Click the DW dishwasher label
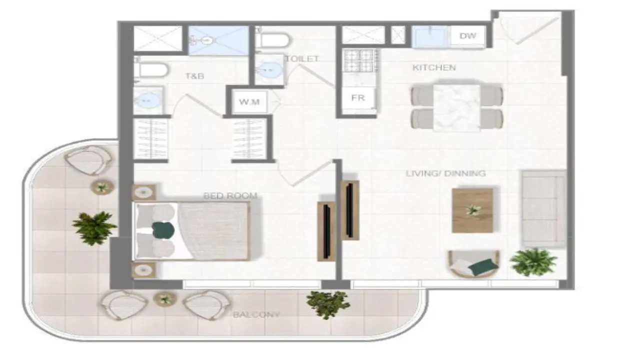tap(467, 36)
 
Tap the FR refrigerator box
tap(357, 98)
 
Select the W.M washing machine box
tap(248, 102)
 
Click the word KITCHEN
tap(434, 67)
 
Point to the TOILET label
tap(302, 59)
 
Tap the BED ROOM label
tap(230, 195)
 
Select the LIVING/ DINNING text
tap(445, 173)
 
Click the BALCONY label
tap(256, 315)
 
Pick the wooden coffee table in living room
tap(472, 210)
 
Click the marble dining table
tap(456, 107)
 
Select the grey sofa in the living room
tap(543, 208)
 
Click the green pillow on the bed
tap(163, 230)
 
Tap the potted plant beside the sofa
tap(533, 261)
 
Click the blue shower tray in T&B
tap(218, 40)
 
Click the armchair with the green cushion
tap(473, 264)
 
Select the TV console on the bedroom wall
tap(326, 231)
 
